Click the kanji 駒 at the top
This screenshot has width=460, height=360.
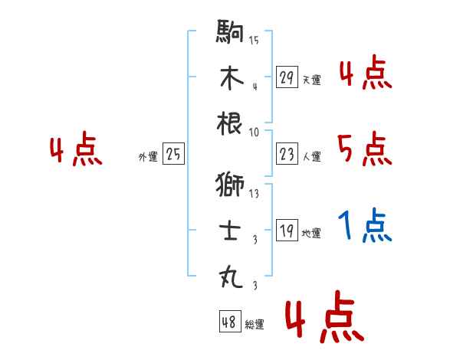click(x=231, y=34)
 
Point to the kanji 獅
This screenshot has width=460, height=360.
click(x=231, y=185)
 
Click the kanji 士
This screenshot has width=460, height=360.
click(x=231, y=230)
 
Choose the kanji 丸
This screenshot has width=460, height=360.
click(x=231, y=275)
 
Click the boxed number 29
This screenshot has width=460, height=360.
click(x=287, y=77)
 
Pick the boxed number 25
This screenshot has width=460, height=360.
click(x=173, y=155)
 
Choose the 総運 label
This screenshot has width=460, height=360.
click(x=255, y=325)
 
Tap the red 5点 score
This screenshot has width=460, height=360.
click(x=365, y=148)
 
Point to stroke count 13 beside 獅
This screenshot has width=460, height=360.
click(x=254, y=194)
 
